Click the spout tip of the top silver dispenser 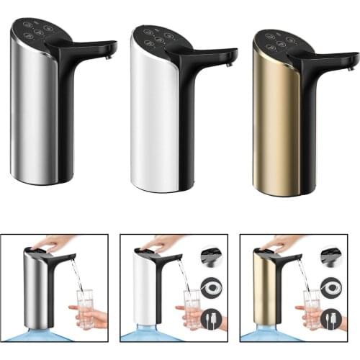pyautogui.click(x=112, y=52)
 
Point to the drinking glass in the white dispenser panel pyautogui.click(x=192, y=308)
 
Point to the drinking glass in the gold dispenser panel pyautogui.click(x=312, y=308)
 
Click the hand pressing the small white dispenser pyautogui.click(x=163, y=243)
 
